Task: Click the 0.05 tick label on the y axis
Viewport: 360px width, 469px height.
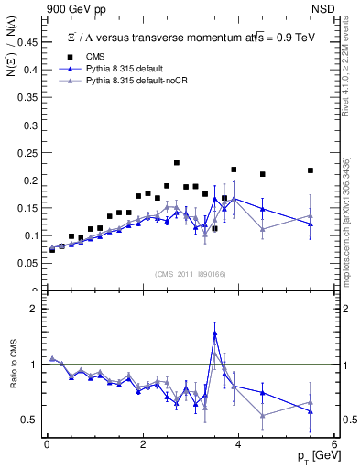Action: click(x=29, y=263)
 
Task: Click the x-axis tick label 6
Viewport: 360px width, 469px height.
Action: click(x=334, y=444)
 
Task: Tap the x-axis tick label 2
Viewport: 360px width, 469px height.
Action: click(x=143, y=444)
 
